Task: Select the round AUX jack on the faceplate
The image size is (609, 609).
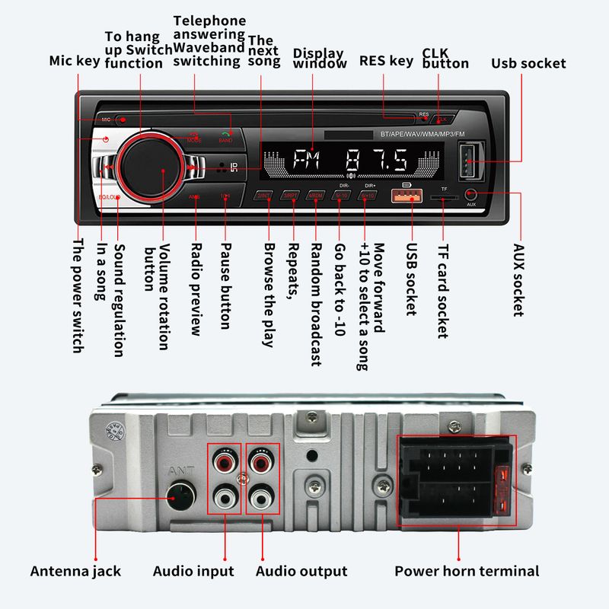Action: [472, 196]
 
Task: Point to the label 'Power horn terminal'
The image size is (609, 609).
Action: [466, 571]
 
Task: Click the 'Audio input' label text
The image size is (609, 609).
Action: [193, 571]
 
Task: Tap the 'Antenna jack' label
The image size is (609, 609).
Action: [75, 571]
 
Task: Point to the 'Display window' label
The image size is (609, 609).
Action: [319, 59]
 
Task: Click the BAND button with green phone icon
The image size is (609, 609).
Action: [226, 137]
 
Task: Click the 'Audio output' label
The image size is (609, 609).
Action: [301, 571]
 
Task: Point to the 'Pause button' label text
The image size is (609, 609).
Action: [225, 285]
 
